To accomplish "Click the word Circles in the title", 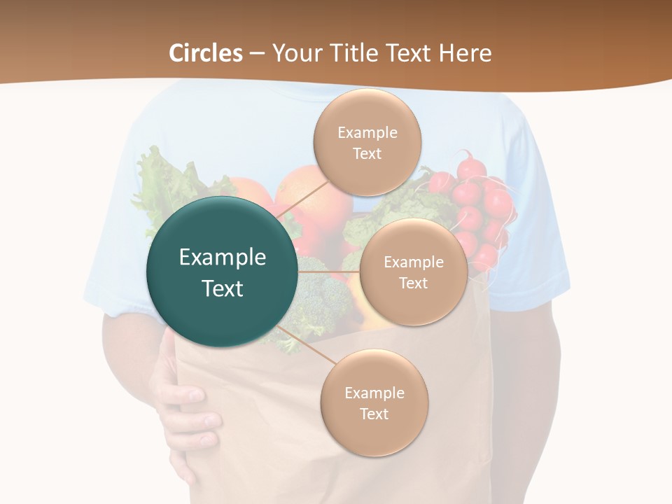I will [x=205, y=53].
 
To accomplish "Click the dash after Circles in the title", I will [x=257, y=54].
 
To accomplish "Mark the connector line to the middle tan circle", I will [x=329, y=272].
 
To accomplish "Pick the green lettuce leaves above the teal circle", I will [x=168, y=178].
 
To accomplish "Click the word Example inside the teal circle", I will [x=223, y=258].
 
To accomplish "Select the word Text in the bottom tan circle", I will [x=374, y=414].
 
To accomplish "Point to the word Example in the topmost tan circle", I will [x=367, y=132].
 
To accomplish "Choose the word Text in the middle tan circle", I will [x=413, y=283].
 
